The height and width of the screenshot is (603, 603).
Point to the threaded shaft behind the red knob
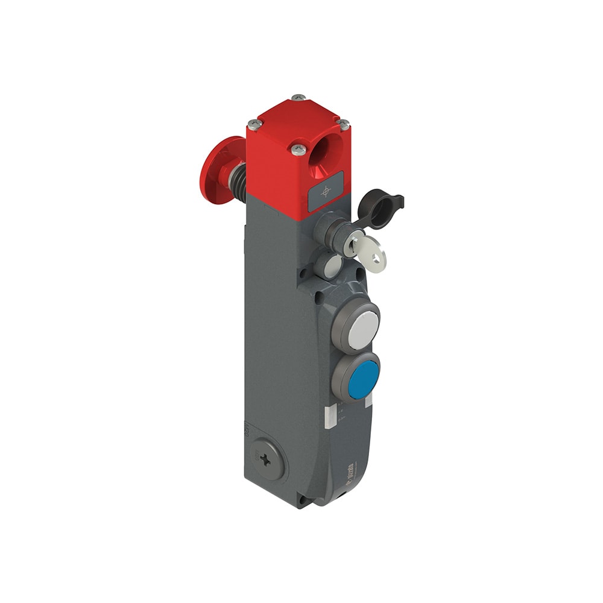click(238, 168)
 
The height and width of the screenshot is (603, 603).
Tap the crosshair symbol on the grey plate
click(326, 191)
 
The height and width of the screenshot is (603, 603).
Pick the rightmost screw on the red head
click(343, 124)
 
